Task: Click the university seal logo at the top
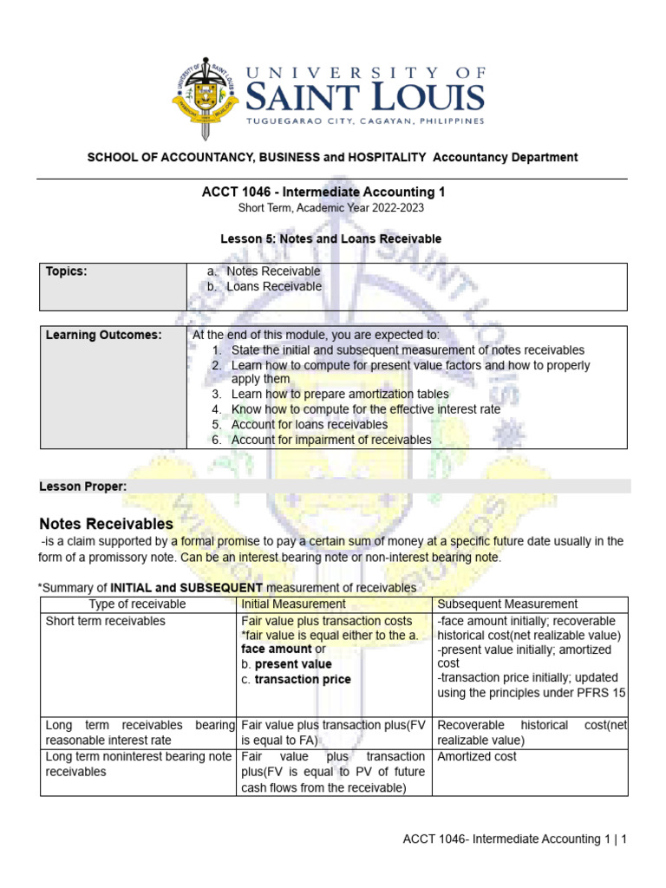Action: tap(205, 98)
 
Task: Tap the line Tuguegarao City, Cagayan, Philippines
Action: tap(365, 121)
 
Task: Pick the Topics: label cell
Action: tap(67, 271)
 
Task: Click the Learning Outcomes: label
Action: tap(103, 336)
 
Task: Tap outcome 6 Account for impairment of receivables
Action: tap(330, 440)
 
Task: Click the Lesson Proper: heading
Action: tap(83, 486)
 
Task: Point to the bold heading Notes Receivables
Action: tap(107, 524)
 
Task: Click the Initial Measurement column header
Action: tap(293, 604)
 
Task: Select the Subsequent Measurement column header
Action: tap(507, 604)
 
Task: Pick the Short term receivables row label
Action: tap(105, 621)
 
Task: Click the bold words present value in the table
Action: tap(293, 664)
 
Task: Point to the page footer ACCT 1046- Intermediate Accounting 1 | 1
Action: tap(514, 839)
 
